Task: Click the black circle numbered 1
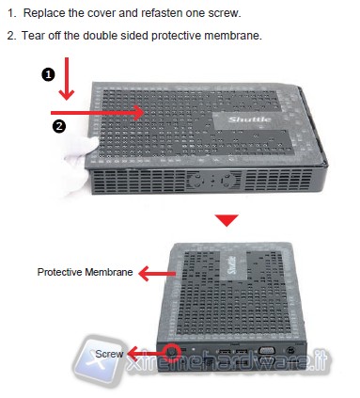(x=48, y=75)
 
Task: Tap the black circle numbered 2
(x=59, y=126)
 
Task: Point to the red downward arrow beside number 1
(x=67, y=79)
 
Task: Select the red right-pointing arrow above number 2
(x=98, y=113)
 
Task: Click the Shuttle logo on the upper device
(x=250, y=119)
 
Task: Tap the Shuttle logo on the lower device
(x=232, y=265)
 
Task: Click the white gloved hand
(x=78, y=163)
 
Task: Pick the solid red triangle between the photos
(x=227, y=220)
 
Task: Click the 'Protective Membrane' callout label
(x=85, y=272)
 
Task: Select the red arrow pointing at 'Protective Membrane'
(x=157, y=274)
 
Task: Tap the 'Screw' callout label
(x=109, y=354)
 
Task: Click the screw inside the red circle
(x=172, y=352)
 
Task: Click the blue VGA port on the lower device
(x=266, y=351)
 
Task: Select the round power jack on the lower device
(x=290, y=350)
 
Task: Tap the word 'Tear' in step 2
(x=32, y=35)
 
